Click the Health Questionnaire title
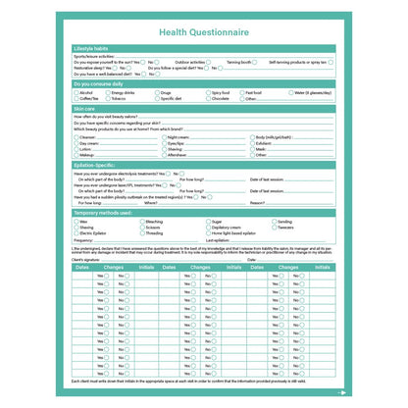tap(203, 31)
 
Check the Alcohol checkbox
tap(76, 92)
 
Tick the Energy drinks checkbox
tap(107, 92)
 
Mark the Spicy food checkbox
tap(208, 92)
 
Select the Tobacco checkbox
tap(106, 98)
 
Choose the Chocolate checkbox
tap(208, 98)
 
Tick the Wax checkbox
tap(76, 222)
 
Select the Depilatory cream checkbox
tap(207, 228)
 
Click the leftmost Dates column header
tap(82, 267)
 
